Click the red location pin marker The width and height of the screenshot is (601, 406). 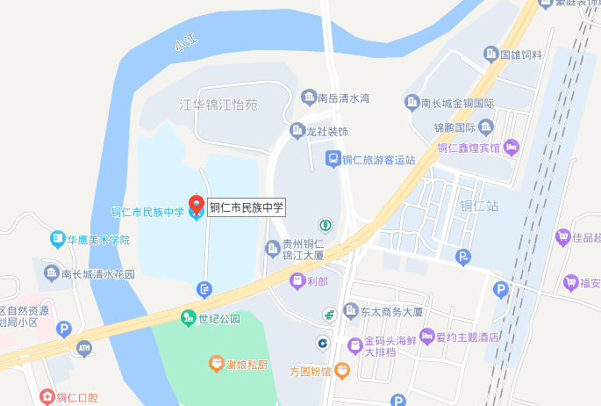tap(196, 200)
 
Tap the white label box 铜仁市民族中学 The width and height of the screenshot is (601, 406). tap(247, 208)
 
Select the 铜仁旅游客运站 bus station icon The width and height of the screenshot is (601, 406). tap(333, 159)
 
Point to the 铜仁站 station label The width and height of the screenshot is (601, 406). tap(479, 207)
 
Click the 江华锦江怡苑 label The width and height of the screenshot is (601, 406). tap(218, 105)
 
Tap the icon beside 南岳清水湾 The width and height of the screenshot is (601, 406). tap(308, 97)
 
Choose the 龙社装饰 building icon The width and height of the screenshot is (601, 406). tap(297, 131)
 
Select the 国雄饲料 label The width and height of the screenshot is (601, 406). tap(521, 54)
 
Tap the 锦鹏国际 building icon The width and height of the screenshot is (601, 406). tap(486, 127)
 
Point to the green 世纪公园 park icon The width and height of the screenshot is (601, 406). tap(187, 317)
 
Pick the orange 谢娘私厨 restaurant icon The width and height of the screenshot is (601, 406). tap(215, 362)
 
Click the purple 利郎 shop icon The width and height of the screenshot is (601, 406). tap(297, 281)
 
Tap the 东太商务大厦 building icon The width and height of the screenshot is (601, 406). tap(351, 311)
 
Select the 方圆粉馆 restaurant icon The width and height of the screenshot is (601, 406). tap(342, 371)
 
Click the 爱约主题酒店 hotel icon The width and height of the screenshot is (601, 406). tap(427, 336)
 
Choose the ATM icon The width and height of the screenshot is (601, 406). tap(83, 349)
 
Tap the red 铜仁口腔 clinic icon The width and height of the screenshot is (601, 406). tap(47, 397)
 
